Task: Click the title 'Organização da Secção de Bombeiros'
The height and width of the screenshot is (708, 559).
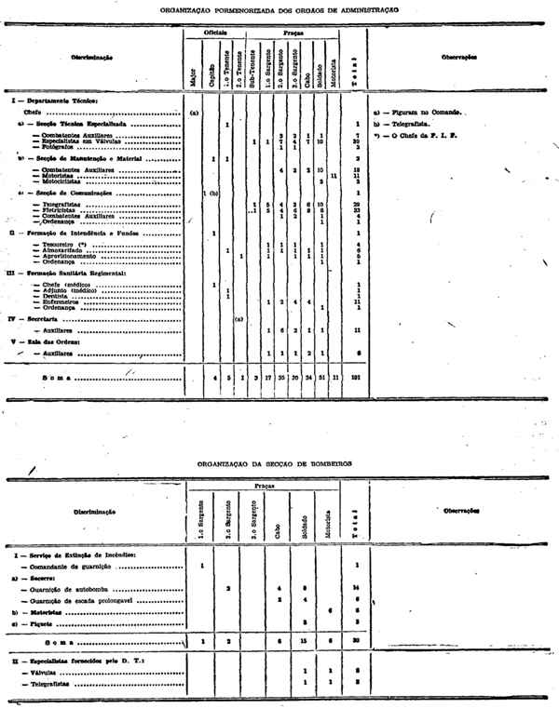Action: coord(279,461)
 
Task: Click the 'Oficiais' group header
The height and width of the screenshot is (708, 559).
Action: coord(216,32)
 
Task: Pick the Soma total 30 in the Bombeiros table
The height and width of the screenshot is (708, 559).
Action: coord(358,642)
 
